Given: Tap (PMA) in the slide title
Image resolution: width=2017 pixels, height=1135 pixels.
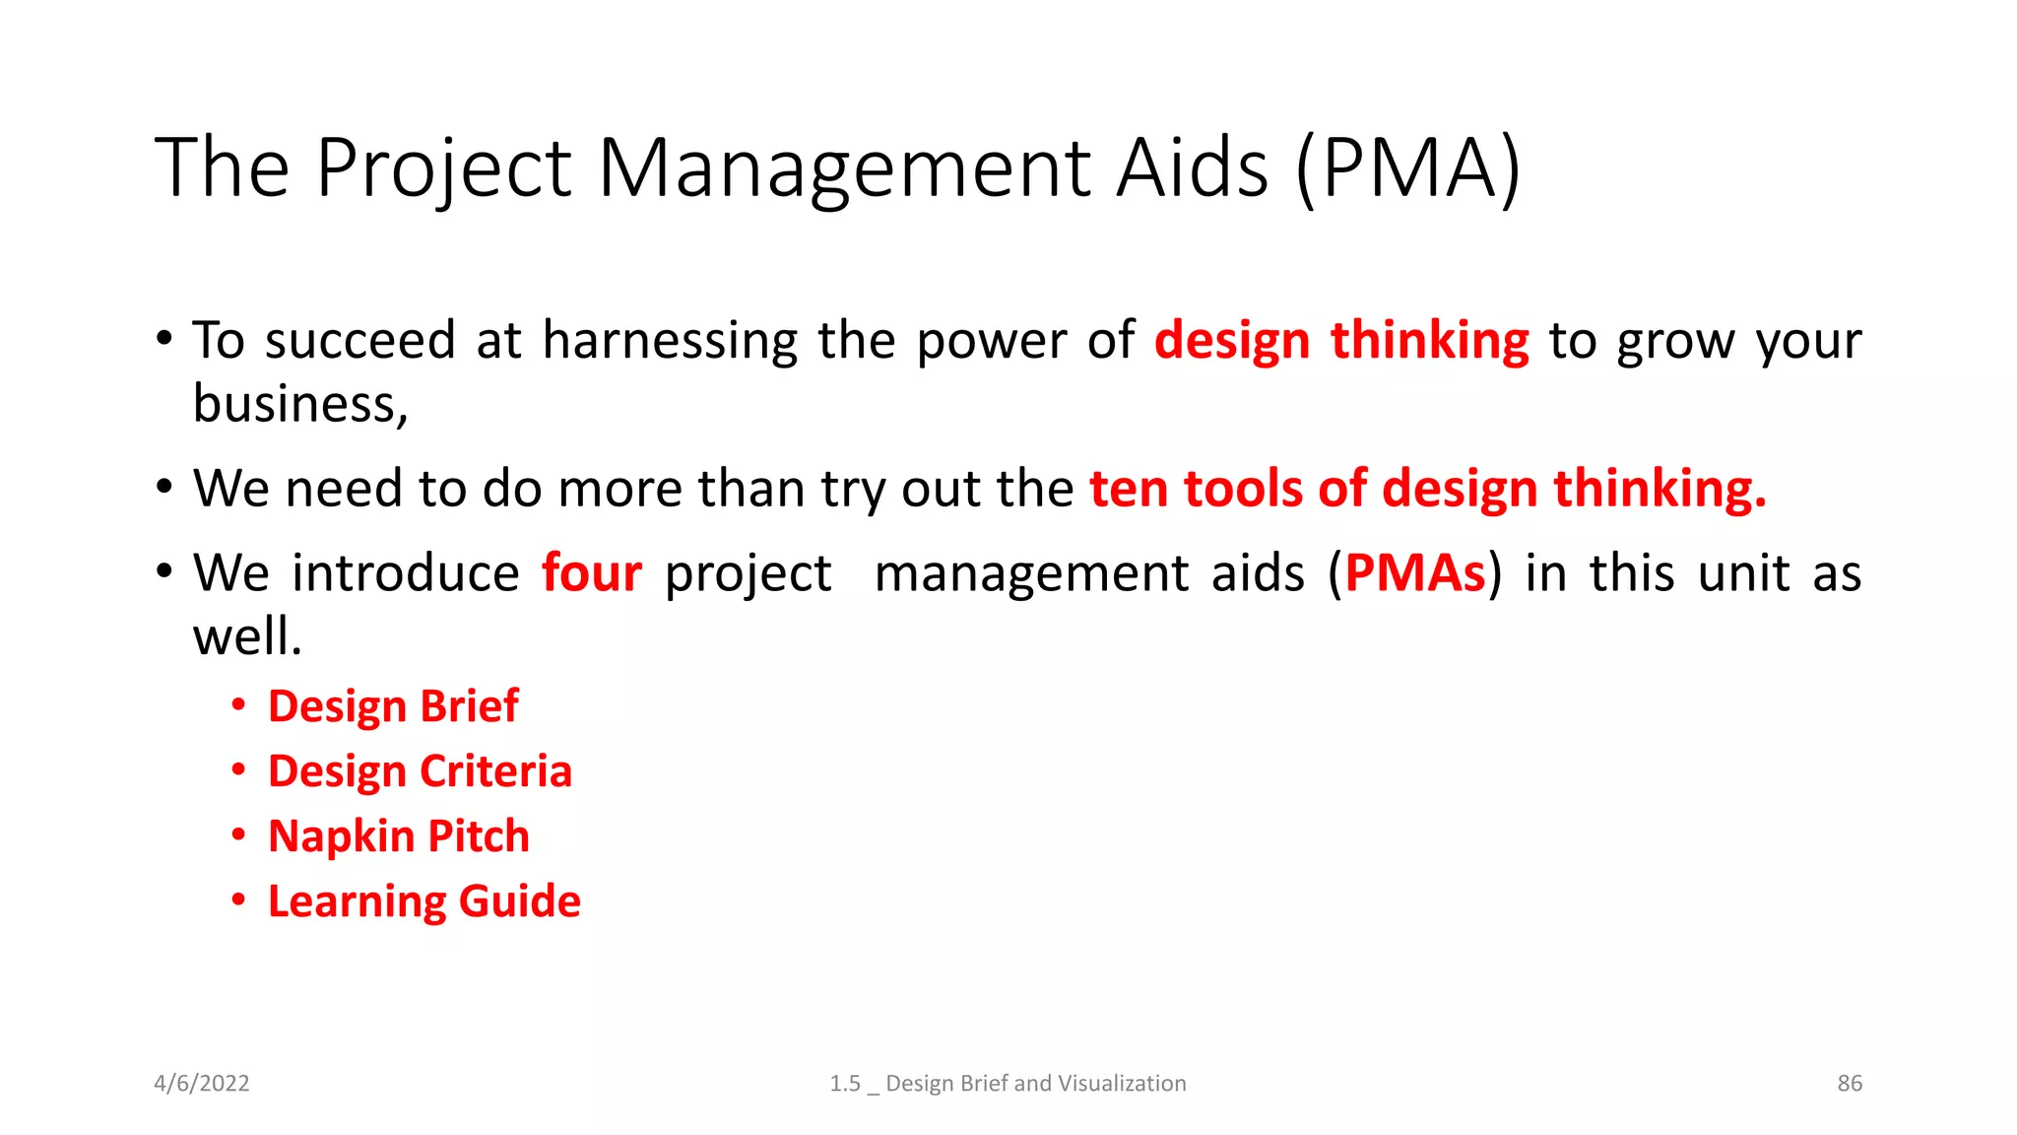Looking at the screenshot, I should click(x=1408, y=168).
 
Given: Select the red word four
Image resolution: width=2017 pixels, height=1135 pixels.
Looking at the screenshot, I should click(x=592, y=572).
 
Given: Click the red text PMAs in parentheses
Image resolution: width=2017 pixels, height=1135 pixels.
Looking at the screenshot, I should click(x=1414, y=572).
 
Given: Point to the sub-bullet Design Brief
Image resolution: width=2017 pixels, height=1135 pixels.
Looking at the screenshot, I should click(x=393, y=706).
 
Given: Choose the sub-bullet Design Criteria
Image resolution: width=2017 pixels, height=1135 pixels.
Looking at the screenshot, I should click(x=420, y=771).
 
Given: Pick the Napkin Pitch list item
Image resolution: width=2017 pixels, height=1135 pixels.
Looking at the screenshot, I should click(x=399, y=836).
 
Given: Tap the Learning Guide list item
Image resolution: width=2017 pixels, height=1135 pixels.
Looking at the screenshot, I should click(x=424, y=901).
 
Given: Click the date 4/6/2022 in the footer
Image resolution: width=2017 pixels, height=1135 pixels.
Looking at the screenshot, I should click(x=202, y=1083).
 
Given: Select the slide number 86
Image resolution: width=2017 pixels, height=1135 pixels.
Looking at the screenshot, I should click(x=1850, y=1083).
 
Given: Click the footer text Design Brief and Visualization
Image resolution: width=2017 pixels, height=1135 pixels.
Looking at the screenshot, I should click(x=1035, y=1083).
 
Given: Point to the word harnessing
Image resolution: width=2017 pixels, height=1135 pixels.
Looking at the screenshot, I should click(x=670, y=341).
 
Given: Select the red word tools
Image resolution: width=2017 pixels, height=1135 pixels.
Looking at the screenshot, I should click(x=1243, y=489).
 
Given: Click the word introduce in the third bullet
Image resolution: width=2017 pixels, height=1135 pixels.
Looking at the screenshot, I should click(x=405, y=572).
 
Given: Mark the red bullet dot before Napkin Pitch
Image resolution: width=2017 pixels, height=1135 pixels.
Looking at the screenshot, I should click(x=238, y=835).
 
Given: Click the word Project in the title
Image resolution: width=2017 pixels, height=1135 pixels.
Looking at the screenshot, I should click(x=443, y=168).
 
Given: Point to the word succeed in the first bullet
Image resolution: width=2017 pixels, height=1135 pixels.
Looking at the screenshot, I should click(x=359, y=341).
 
